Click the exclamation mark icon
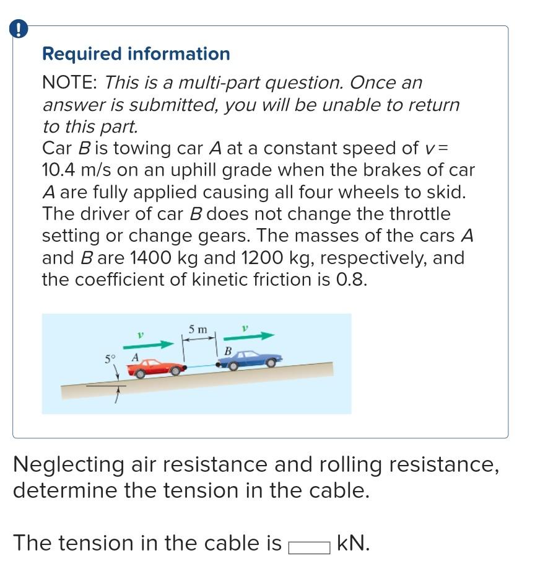tap(19, 30)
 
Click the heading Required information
tap(136, 54)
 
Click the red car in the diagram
tap(156, 368)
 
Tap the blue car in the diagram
tap(250, 359)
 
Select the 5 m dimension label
tap(198, 329)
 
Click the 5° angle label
tap(110, 358)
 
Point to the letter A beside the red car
tap(134, 357)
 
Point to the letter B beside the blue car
tap(227, 351)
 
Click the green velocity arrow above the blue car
tap(249, 337)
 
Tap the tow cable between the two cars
tap(201, 368)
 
